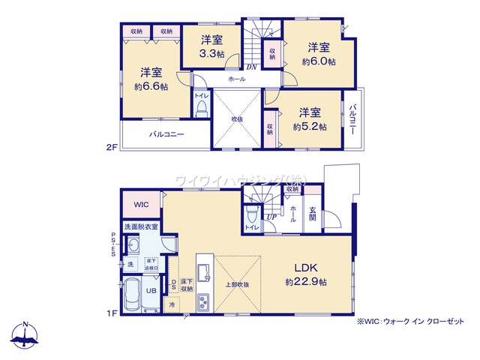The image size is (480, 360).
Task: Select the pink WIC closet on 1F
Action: tap(142, 204)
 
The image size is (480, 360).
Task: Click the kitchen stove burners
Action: tap(203, 301)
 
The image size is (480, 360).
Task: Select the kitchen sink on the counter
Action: tap(202, 271)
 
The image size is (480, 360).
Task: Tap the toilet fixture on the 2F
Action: tap(201, 109)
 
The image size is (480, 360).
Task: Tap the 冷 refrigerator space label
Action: tap(172, 304)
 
